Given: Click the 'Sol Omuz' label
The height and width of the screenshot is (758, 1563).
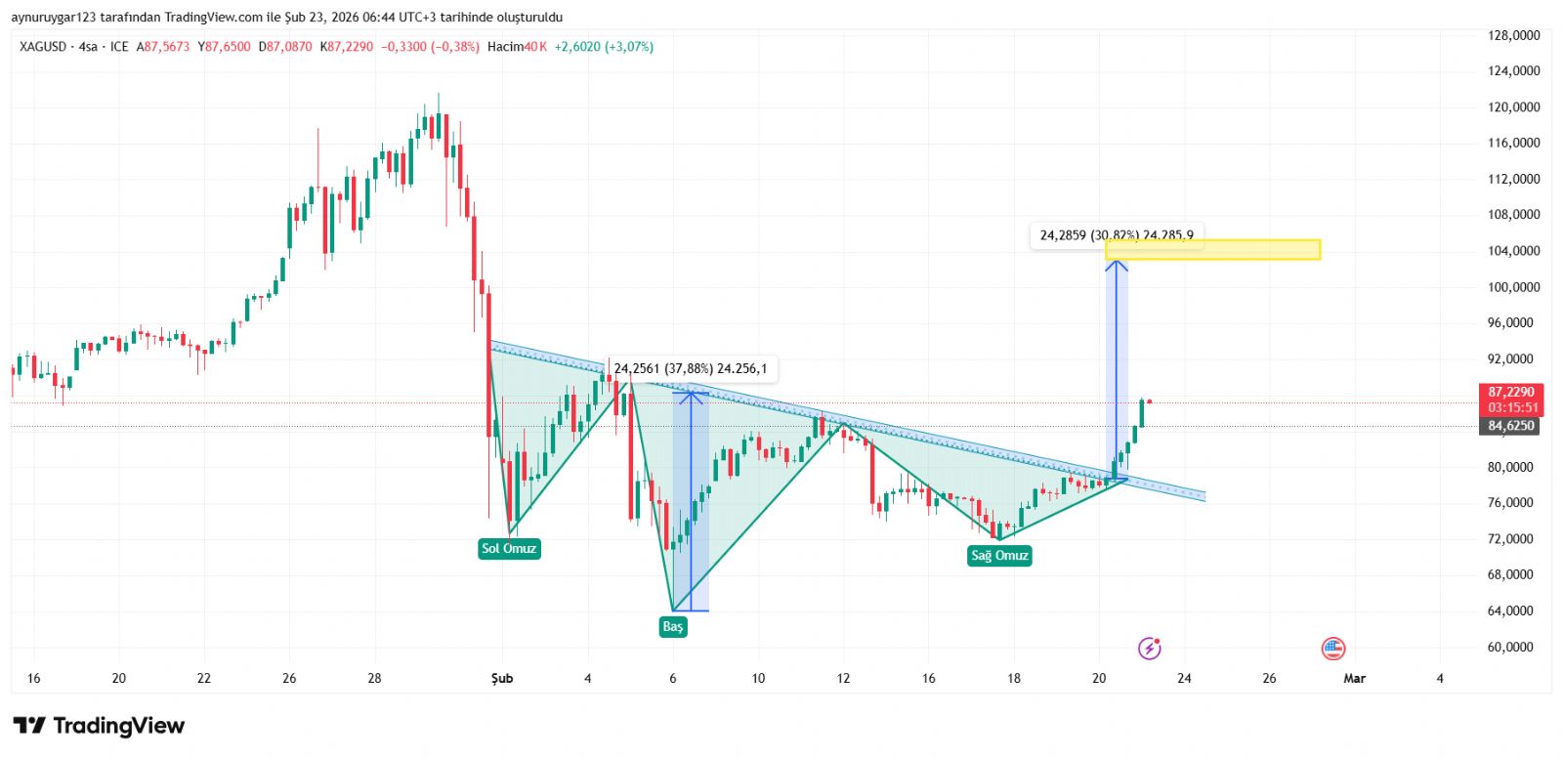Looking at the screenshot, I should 509,549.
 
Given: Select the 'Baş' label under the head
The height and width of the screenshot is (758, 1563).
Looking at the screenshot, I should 673,627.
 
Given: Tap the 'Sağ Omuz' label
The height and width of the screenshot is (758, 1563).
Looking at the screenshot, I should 999,556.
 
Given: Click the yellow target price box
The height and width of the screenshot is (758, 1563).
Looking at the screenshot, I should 1213,250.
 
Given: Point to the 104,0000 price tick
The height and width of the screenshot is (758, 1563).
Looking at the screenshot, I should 1513,251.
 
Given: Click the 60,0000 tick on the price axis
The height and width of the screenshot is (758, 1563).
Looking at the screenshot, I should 1513,647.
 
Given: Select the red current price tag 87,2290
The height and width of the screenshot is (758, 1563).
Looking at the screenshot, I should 1511,392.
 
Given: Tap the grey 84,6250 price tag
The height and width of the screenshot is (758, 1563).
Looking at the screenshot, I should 1511,426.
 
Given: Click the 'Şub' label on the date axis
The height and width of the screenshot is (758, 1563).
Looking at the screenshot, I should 502,678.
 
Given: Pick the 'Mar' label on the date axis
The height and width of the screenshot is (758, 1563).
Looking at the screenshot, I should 1354,678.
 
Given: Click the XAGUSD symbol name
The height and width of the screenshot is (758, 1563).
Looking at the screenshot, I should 43,47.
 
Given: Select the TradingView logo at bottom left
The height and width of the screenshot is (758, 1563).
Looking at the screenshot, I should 99,726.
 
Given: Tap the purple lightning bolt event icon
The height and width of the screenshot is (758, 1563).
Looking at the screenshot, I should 1150,648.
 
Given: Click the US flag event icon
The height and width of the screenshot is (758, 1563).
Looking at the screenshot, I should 1333,648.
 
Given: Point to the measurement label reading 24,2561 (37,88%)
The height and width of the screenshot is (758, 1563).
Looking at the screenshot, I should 691,369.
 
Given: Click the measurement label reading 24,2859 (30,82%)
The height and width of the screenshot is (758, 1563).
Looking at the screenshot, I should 1117,235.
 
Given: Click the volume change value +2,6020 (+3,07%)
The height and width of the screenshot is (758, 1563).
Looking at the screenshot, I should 604,47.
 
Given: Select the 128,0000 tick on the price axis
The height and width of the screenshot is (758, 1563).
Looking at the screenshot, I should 1513,35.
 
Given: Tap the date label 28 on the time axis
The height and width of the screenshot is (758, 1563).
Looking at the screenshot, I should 374,678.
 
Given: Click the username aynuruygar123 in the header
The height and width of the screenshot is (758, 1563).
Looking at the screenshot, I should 54,18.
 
